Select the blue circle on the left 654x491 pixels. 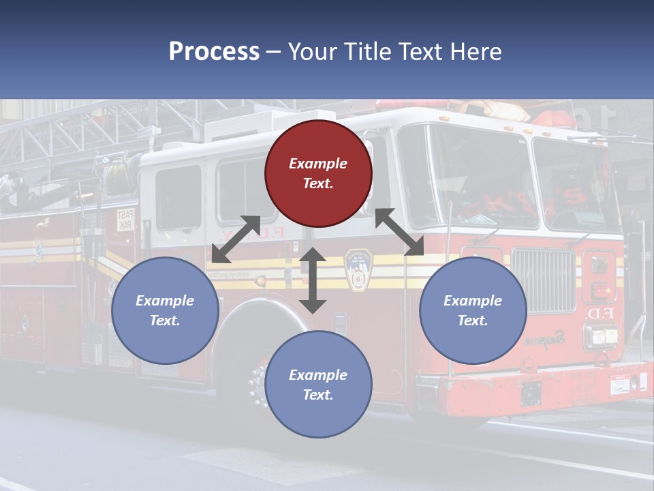click(x=165, y=310)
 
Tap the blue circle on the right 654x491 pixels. click(x=473, y=310)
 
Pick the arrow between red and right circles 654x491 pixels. click(x=399, y=233)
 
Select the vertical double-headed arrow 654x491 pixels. click(x=313, y=280)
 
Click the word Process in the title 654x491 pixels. click(x=214, y=51)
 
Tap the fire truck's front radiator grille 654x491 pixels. click(x=544, y=280)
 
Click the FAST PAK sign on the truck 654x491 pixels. click(x=125, y=220)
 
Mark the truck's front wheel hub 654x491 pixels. click(x=258, y=385)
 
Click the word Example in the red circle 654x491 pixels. click(x=318, y=164)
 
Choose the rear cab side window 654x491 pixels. click(x=178, y=198)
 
